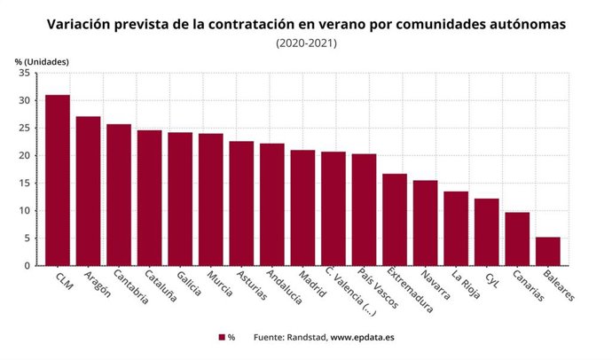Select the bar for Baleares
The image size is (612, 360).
(548, 251)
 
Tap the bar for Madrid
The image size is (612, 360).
(302, 207)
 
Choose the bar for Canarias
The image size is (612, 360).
(517, 239)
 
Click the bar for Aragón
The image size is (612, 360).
(88, 191)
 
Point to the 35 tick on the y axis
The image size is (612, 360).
(24, 74)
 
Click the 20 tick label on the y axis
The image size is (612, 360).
(24, 156)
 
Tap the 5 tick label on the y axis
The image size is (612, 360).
(27, 239)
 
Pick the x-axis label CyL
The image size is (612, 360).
(495, 278)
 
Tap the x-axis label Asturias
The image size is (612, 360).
(248, 285)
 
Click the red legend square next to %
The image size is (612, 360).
(222, 338)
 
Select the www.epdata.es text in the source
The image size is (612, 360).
(363, 338)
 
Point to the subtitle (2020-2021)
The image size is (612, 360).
(306, 43)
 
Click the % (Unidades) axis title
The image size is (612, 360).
(42, 60)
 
